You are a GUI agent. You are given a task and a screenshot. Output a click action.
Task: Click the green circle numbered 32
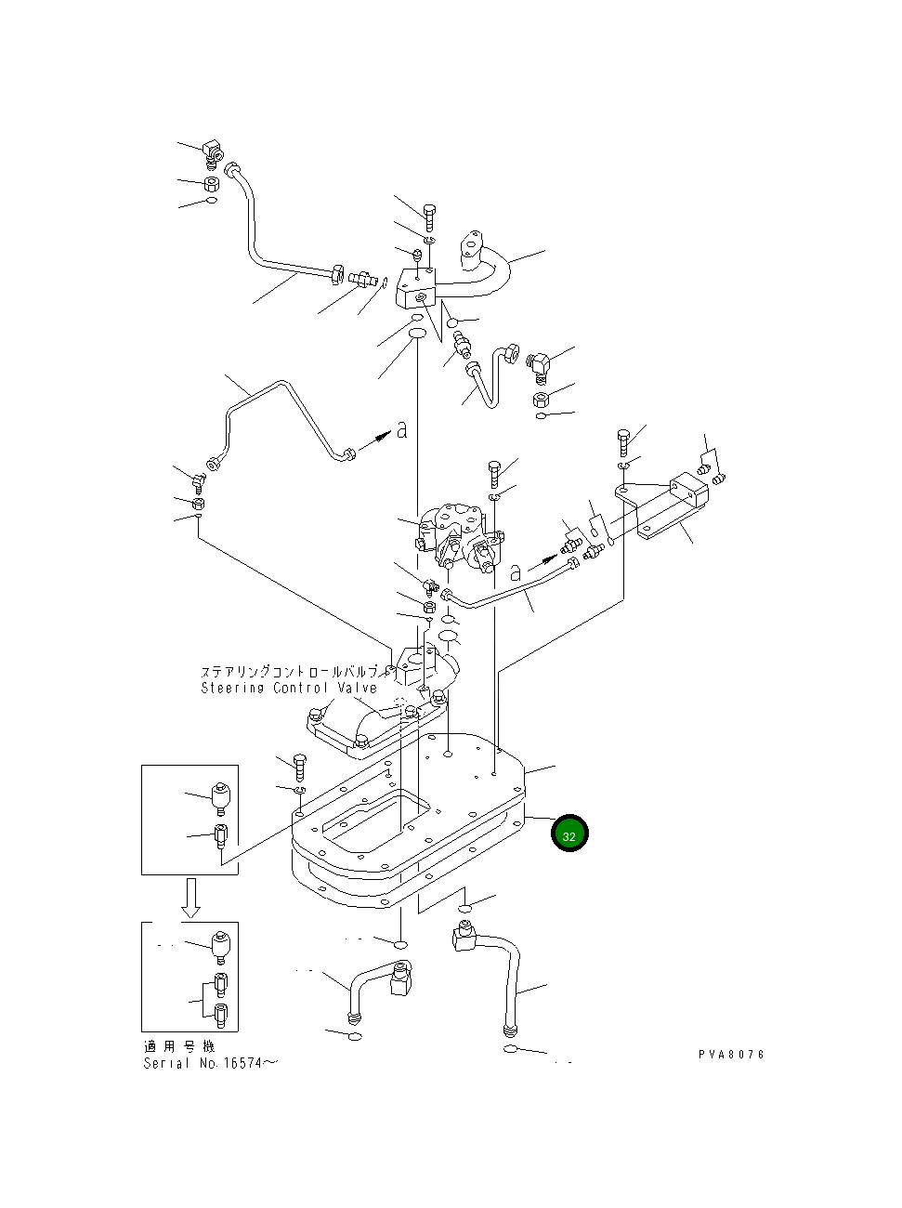pos(569,834)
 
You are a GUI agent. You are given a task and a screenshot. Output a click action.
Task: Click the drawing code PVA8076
pos(731,1055)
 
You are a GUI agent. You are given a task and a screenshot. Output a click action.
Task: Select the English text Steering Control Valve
pos(289,688)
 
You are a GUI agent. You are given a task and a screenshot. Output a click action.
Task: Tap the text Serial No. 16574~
pos(210,1062)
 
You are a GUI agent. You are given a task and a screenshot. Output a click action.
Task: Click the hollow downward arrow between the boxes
pos(190,899)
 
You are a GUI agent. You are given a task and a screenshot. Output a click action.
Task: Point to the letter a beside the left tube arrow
pos(401,429)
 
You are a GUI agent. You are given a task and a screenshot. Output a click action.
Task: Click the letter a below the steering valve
pos(516,573)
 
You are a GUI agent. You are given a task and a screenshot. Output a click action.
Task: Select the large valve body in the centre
pos(455,537)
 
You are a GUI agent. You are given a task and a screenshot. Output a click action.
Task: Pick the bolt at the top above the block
pos(429,217)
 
